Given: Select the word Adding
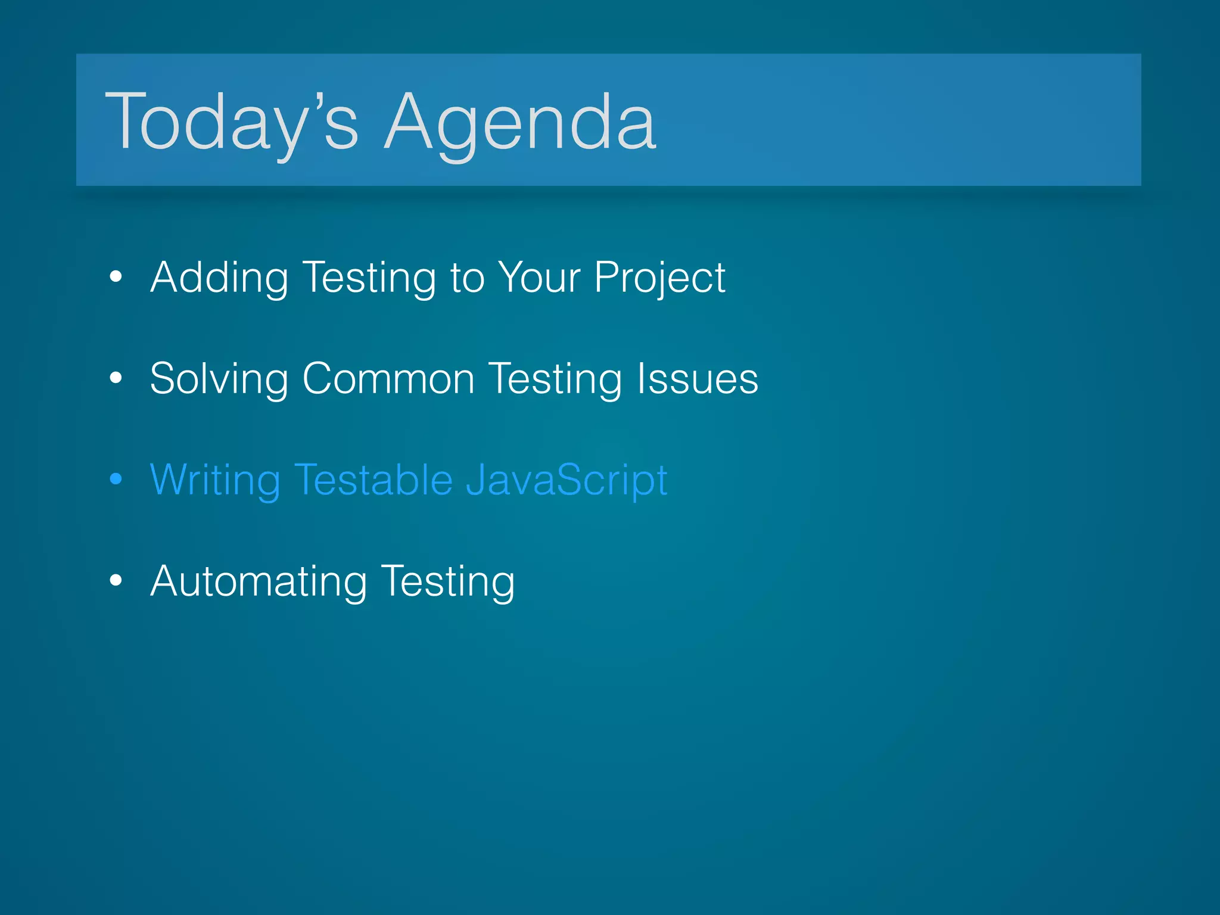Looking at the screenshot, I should [219, 278].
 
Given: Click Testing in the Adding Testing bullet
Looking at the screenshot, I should [369, 278].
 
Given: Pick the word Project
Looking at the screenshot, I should [659, 278].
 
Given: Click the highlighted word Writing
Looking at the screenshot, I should [215, 480].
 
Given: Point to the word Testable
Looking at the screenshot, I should [374, 480].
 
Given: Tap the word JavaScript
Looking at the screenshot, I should [567, 481].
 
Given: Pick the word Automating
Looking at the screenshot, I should [259, 581].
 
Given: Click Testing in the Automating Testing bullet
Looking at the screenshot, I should [448, 582].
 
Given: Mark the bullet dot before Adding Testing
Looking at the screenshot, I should [116, 276].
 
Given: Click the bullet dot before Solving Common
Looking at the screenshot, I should [116, 377].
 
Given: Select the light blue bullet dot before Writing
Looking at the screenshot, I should [116, 478].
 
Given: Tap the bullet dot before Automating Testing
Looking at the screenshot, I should [116, 580].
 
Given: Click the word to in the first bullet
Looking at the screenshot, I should [467, 278].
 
